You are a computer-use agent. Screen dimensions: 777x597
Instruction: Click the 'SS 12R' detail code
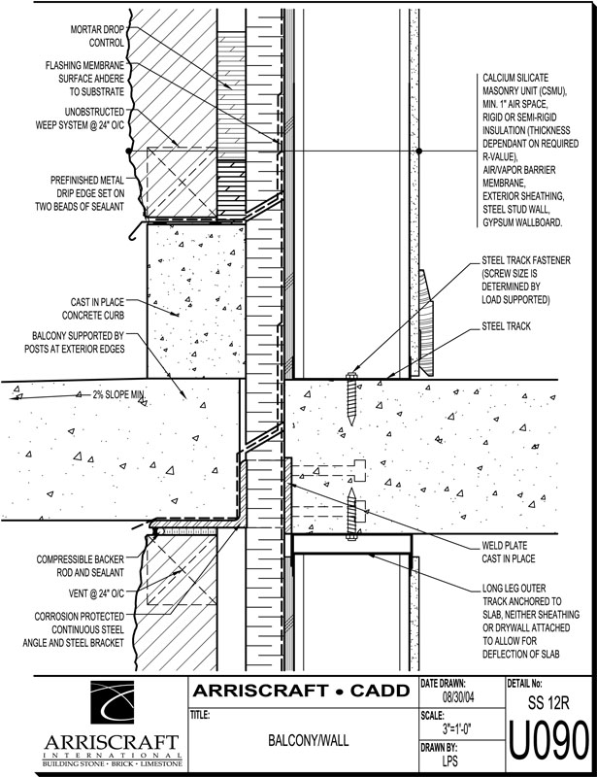pyautogui.click(x=547, y=699)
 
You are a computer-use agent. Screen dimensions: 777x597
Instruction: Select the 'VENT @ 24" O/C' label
pyautogui.click(x=92, y=592)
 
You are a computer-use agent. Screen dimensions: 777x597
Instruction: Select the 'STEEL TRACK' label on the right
pyautogui.click(x=506, y=326)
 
